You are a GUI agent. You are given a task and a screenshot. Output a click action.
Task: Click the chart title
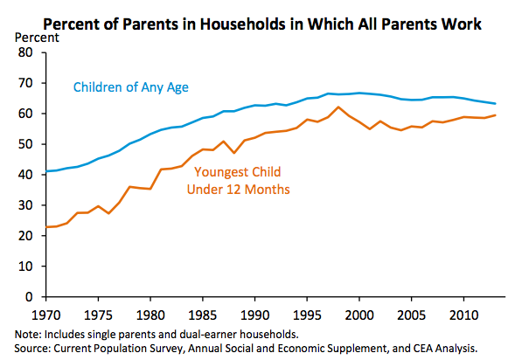pyautogui.click(x=262, y=24)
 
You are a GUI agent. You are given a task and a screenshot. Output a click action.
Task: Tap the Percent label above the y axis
pyautogui.click(x=37, y=38)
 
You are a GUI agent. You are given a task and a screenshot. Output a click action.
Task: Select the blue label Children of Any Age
pyautogui.click(x=131, y=87)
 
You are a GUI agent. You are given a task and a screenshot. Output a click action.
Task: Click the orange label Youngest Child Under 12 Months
pyautogui.click(x=238, y=181)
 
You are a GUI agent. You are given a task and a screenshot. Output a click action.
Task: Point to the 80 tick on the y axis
pyautogui.click(x=25, y=52)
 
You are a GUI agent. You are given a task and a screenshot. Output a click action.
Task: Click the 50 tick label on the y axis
pyautogui.click(x=25, y=144)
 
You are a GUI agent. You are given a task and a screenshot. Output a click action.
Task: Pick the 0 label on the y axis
pyautogui.click(x=29, y=297)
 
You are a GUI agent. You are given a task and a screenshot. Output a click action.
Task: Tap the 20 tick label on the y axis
pyautogui.click(x=25, y=236)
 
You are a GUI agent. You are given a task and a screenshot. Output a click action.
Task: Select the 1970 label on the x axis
pyautogui.click(x=46, y=315)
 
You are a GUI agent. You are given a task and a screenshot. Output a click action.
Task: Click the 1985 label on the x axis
pyautogui.click(x=203, y=315)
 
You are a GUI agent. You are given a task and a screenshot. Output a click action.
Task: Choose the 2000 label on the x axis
pyautogui.click(x=359, y=315)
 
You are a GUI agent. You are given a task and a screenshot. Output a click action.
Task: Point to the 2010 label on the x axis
pyautogui.click(x=463, y=315)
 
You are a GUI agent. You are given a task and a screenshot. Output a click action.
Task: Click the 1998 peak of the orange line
pyautogui.click(x=338, y=107)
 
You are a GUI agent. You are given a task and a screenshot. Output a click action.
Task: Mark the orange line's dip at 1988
pyautogui.click(x=233, y=153)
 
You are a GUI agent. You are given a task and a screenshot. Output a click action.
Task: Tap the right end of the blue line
pyautogui.click(x=495, y=104)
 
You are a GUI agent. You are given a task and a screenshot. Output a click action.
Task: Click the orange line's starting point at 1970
pyautogui.click(x=46, y=227)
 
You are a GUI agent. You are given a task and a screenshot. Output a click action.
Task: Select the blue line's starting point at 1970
pyautogui.click(x=46, y=171)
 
